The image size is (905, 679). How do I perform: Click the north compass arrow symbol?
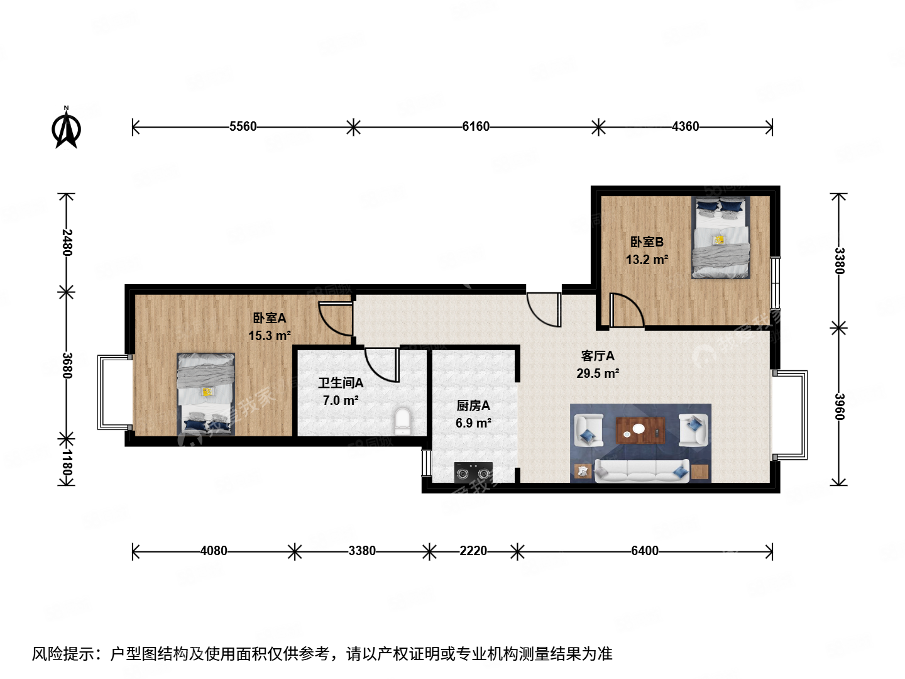pyautogui.click(x=66, y=128)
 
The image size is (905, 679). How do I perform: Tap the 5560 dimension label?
pyautogui.click(x=243, y=127)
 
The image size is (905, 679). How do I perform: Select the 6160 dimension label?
pyautogui.click(x=476, y=127)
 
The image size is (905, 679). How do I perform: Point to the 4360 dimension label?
pyautogui.click(x=685, y=127)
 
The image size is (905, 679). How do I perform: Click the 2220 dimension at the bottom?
pyautogui.click(x=473, y=551)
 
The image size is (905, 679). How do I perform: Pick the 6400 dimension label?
pyautogui.click(x=645, y=551)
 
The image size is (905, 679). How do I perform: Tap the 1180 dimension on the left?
pyautogui.click(x=67, y=462)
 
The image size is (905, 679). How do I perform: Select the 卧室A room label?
pyautogui.click(x=270, y=318)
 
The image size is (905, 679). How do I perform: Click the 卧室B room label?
pyautogui.click(x=647, y=242)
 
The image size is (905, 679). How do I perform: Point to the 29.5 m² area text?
pyautogui.click(x=598, y=373)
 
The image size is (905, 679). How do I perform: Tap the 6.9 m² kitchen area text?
pyautogui.click(x=473, y=423)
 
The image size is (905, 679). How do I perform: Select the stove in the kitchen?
pyautogui.click(x=473, y=472)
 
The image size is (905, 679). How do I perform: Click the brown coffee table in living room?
pyautogui.click(x=640, y=430)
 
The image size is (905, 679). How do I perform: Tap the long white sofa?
pyautogui.click(x=642, y=470)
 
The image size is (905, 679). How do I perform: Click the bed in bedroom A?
pyautogui.click(x=206, y=394)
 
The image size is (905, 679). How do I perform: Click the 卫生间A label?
pyautogui.click(x=341, y=383)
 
